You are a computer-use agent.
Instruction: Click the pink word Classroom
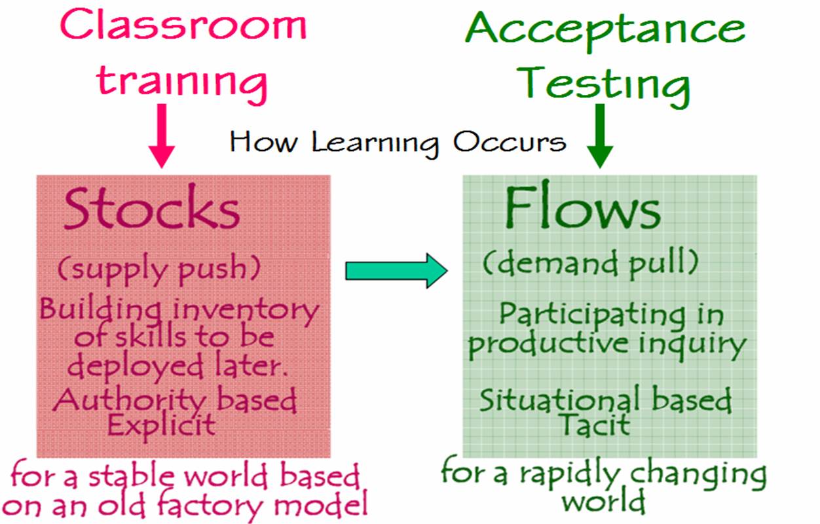pos(183,25)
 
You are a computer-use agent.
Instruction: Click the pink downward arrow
pos(161,135)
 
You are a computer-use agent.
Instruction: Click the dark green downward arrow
pos(600,135)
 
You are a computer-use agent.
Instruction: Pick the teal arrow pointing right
pos(396,271)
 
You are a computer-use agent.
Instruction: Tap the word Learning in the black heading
pos(375,144)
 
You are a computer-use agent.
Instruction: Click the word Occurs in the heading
pos(510,142)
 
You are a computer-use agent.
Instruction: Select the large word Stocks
pos(152,207)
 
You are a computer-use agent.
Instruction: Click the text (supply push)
pos(159,270)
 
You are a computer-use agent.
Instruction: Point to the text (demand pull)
pos(591,264)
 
